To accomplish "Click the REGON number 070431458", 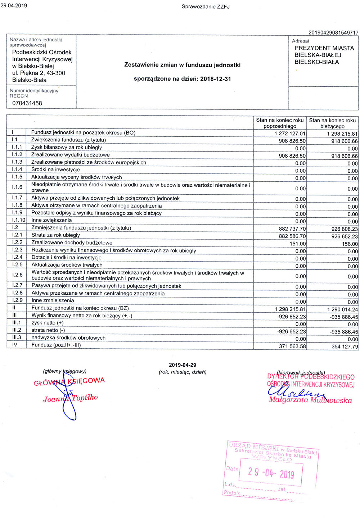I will coord(27,103).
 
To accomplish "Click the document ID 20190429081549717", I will coord(333,33).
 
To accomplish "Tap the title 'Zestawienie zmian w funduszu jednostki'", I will coord(182,65).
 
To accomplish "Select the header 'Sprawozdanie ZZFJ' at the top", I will coord(206,6).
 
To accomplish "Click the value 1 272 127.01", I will coord(290,133).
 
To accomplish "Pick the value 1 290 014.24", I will coord(342,309).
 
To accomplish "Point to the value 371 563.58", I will coord(292,346).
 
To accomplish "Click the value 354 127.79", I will coord(345,346).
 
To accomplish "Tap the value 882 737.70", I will coord(292,229).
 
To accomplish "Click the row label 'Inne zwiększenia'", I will coord(51,220).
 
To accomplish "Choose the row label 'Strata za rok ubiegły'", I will coord(55,235).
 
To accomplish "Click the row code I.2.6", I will coord(17,275).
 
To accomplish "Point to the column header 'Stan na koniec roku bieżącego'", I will coord(332,123).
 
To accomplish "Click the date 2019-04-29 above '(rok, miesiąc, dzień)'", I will coord(183,365).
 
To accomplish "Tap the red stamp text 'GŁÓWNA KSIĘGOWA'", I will coord(69,381).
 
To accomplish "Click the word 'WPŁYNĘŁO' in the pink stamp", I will coord(272,458).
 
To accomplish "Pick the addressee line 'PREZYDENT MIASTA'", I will coord(324,48).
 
